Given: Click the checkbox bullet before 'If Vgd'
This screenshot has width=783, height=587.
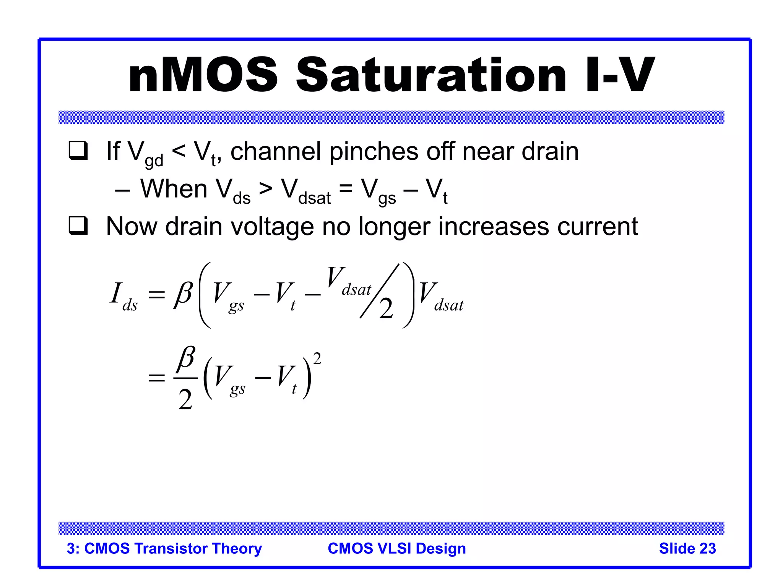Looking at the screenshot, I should click(x=78, y=151).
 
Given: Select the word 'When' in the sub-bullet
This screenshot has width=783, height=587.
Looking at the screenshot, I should click(x=174, y=189).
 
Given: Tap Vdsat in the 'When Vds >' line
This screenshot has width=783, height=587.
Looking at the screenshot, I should click(x=306, y=191).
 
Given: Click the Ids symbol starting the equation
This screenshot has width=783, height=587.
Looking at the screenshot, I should click(x=123, y=296).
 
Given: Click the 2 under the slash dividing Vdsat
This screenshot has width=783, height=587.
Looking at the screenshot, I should click(x=386, y=309).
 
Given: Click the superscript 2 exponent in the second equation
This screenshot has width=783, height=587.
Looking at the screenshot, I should click(x=317, y=358).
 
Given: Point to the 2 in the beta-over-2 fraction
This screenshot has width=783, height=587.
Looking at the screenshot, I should click(x=185, y=400).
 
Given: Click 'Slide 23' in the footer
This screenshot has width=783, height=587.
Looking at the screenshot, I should click(x=687, y=548).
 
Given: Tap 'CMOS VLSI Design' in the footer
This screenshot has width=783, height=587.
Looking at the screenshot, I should click(x=397, y=548).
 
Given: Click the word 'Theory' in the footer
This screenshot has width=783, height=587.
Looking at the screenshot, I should click(x=237, y=548).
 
